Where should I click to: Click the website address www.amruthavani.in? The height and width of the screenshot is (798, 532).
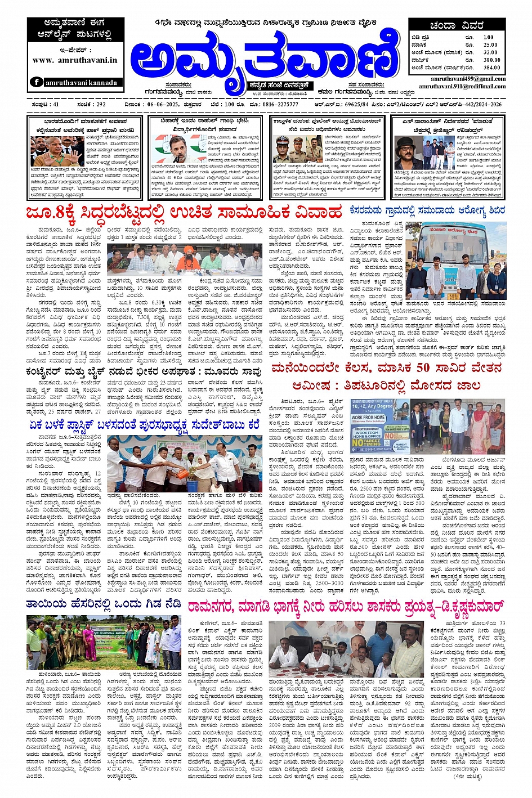[75, 60]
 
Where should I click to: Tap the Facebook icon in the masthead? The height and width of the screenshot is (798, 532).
[37, 82]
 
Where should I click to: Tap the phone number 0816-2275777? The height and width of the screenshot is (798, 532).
[280, 105]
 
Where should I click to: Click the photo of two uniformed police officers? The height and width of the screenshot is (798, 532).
[289, 149]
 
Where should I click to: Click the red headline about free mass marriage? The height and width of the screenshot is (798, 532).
[184, 213]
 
